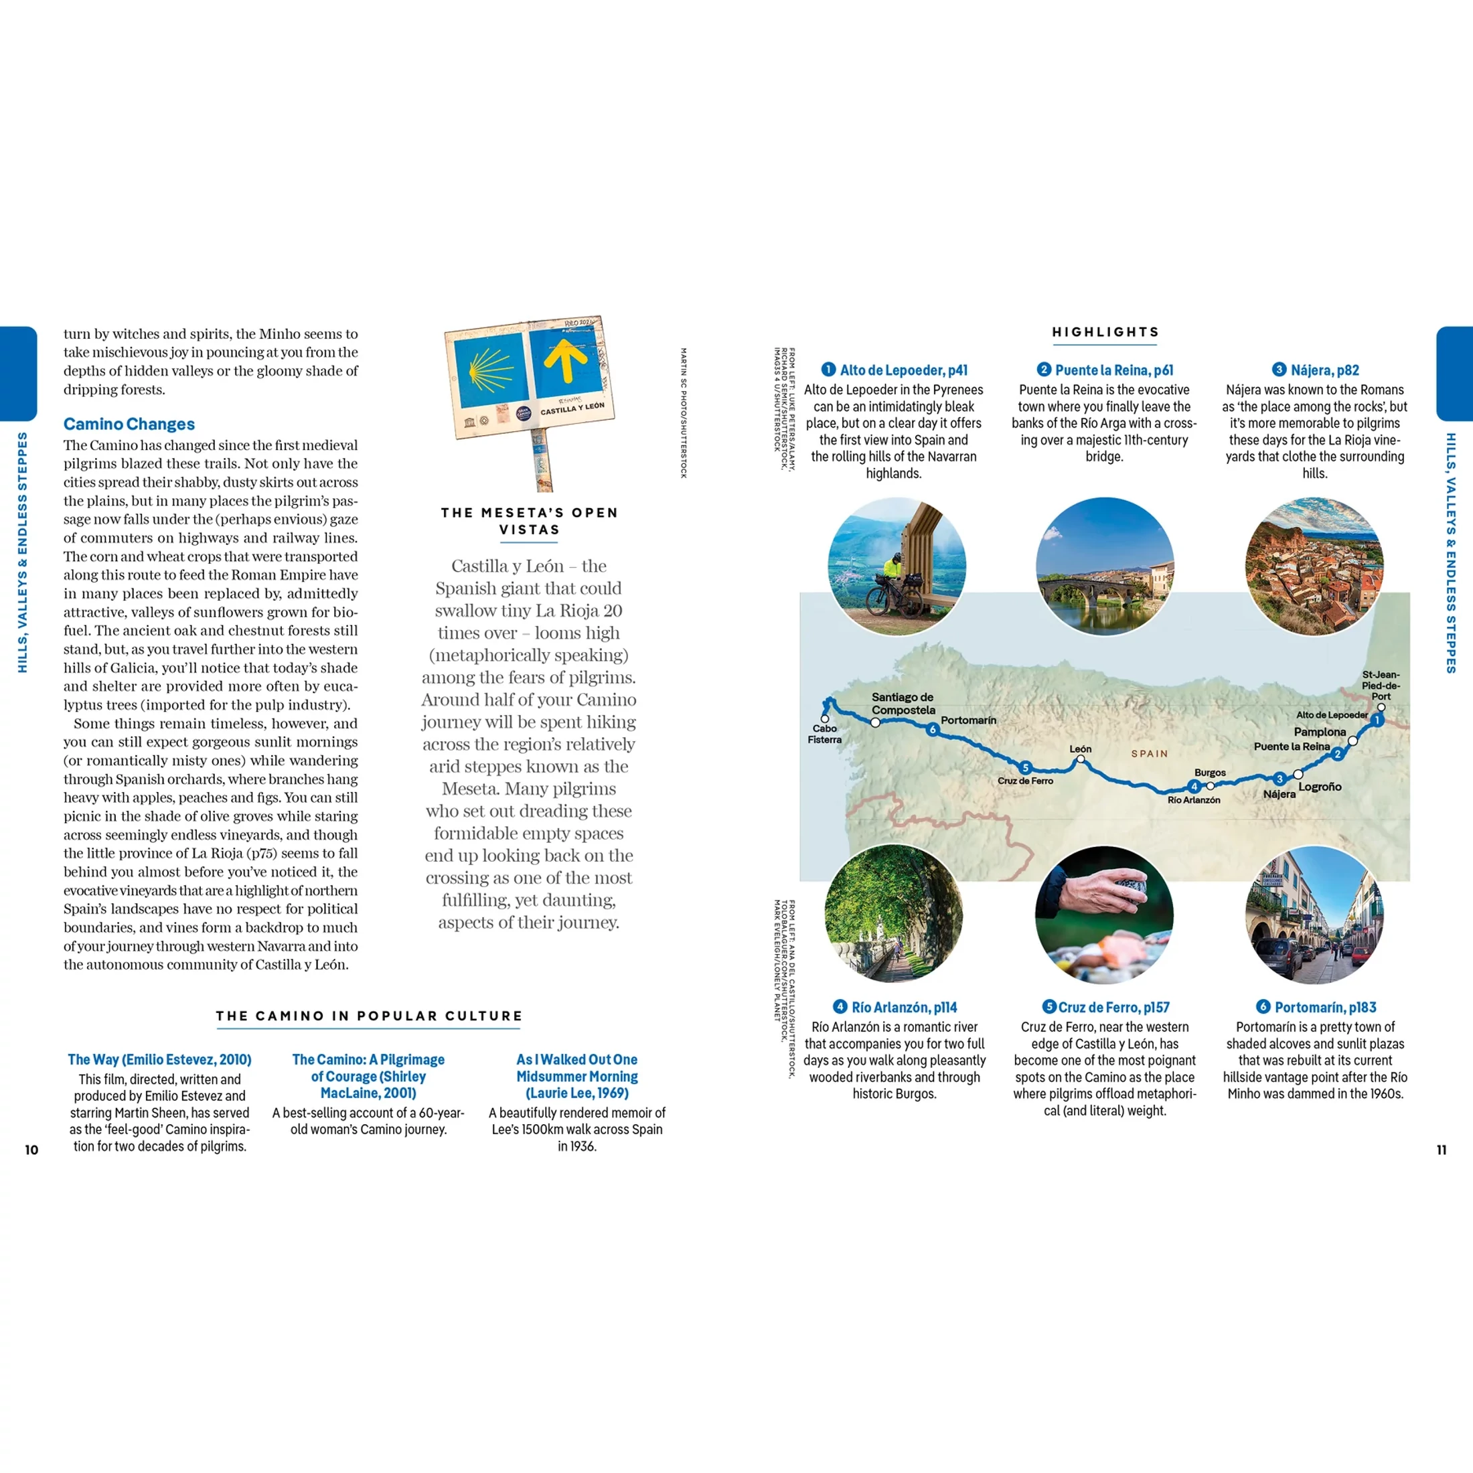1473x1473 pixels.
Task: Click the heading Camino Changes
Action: point(129,424)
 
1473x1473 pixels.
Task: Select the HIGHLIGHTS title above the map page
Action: point(1105,331)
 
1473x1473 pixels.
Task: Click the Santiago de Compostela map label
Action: point(903,703)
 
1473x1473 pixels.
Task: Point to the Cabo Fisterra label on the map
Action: point(824,733)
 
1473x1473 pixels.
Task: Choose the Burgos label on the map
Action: point(1210,773)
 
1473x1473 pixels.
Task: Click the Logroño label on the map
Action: point(1320,787)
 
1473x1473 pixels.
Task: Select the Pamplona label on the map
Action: point(1320,732)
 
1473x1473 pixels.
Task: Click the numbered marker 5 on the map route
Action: point(1026,768)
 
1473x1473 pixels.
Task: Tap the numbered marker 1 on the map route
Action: point(1377,720)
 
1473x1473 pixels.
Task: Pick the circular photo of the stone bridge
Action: point(1105,566)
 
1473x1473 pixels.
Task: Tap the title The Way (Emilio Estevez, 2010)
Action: point(159,1059)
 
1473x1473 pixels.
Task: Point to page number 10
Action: point(31,1150)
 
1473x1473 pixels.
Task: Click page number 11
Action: point(1441,1150)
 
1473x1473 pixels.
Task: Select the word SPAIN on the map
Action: point(1149,753)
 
